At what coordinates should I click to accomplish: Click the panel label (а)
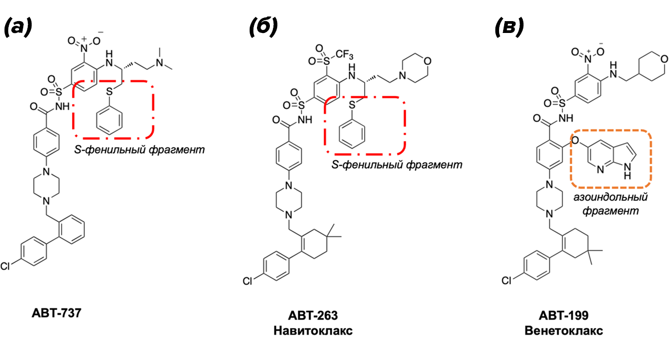(x=18, y=27)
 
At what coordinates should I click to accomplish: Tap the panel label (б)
(x=263, y=27)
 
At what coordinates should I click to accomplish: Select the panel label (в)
(x=509, y=27)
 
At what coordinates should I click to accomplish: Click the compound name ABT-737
(x=57, y=313)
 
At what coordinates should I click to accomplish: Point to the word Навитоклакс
(x=313, y=331)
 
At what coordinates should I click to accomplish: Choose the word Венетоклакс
(x=563, y=331)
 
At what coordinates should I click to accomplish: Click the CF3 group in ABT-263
(x=344, y=55)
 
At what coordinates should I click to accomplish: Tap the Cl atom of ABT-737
(x=5, y=266)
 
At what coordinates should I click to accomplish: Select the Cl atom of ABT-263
(x=248, y=281)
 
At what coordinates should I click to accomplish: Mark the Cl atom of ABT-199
(x=507, y=281)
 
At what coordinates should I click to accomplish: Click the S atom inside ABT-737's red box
(x=109, y=92)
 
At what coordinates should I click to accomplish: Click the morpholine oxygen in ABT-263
(x=427, y=61)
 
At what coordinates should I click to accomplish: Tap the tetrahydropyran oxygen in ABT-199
(x=664, y=59)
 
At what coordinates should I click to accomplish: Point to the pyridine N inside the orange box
(x=601, y=169)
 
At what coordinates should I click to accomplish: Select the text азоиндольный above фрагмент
(x=610, y=197)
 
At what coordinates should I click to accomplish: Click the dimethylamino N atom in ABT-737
(x=160, y=62)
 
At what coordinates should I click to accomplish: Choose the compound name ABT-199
(x=563, y=315)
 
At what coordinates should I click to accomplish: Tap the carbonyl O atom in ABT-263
(x=276, y=120)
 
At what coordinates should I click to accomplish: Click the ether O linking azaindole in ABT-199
(x=575, y=140)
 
